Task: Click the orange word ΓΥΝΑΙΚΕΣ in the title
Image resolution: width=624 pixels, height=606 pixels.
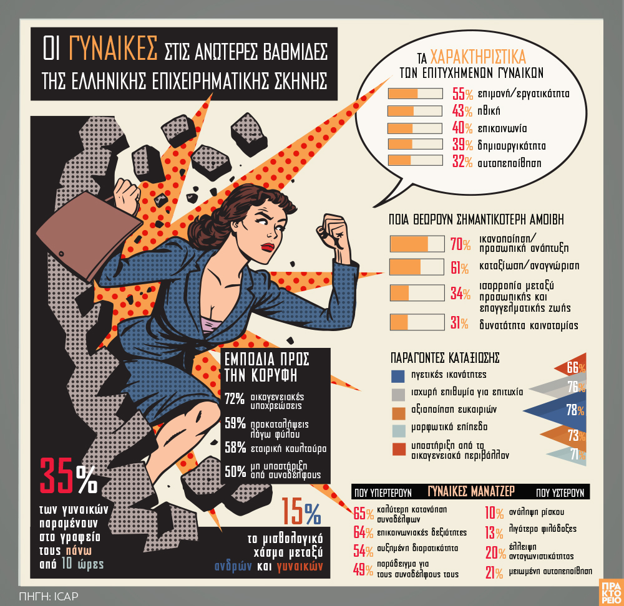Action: click(113, 49)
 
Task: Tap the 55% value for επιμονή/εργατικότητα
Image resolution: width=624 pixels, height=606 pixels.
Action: click(462, 94)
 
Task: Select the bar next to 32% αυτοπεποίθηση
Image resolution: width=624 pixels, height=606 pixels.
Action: click(415, 160)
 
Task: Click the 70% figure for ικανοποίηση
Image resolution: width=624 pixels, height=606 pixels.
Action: click(460, 244)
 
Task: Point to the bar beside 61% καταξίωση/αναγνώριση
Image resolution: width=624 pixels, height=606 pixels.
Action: click(417, 267)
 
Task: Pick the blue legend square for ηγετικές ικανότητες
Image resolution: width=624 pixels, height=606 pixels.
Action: click(398, 376)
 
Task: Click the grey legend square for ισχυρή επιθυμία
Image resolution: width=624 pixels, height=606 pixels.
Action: click(398, 394)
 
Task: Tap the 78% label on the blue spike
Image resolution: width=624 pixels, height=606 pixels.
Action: click(575, 410)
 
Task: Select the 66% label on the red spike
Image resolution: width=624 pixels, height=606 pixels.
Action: click(576, 367)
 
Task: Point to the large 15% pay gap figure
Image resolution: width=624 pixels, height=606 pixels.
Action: click(301, 512)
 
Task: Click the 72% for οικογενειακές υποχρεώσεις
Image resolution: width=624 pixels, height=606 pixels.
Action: click(235, 398)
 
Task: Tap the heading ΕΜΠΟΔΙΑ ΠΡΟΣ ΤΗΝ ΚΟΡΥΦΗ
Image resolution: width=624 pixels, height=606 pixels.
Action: click(266, 367)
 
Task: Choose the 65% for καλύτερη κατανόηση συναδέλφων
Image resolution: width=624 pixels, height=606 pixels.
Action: click(363, 513)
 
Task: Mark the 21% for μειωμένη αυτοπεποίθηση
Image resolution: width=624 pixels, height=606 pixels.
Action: click(494, 572)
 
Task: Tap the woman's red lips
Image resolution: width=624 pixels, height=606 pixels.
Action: click(268, 246)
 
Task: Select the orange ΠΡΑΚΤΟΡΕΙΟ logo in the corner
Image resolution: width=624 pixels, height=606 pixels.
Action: click(611, 592)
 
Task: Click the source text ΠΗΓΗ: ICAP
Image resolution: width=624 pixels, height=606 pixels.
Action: click(49, 596)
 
